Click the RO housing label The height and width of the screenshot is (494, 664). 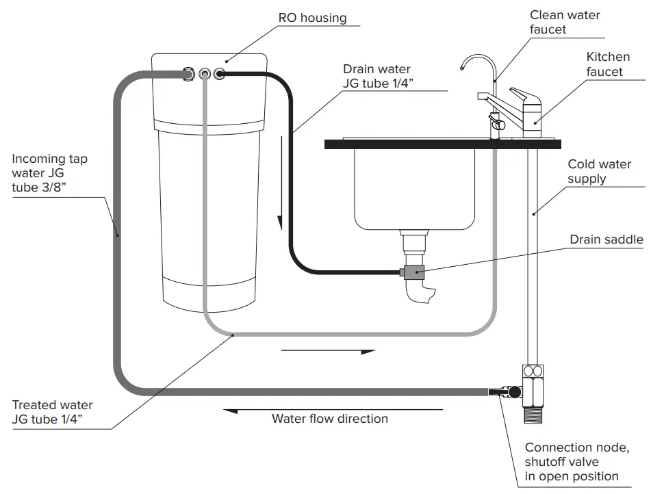(312, 18)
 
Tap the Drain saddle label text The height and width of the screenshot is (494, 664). (606, 239)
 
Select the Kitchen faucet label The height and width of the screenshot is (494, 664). (608, 64)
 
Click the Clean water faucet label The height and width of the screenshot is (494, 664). (565, 22)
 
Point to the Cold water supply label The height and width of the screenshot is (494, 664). (600, 171)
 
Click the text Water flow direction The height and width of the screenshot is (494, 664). (330, 419)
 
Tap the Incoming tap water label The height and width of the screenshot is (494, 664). (49, 174)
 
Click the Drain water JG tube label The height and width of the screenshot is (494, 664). (377, 77)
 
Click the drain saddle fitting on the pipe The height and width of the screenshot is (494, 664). (414, 273)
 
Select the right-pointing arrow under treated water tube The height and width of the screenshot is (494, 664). (329, 352)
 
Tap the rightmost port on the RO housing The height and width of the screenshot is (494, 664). (219, 73)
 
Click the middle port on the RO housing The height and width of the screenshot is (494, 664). (205, 73)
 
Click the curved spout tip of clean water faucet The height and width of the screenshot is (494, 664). (463, 66)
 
